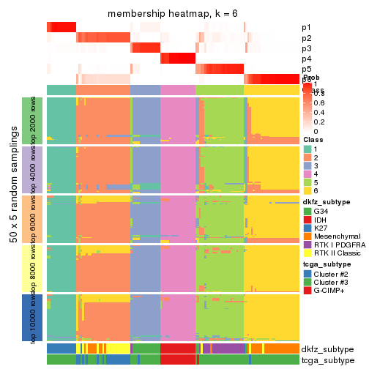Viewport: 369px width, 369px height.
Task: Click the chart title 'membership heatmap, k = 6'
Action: pos(172,14)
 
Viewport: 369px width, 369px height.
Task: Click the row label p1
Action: pos(306,28)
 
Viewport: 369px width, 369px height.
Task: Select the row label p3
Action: pos(306,48)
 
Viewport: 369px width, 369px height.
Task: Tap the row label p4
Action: pos(306,59)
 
